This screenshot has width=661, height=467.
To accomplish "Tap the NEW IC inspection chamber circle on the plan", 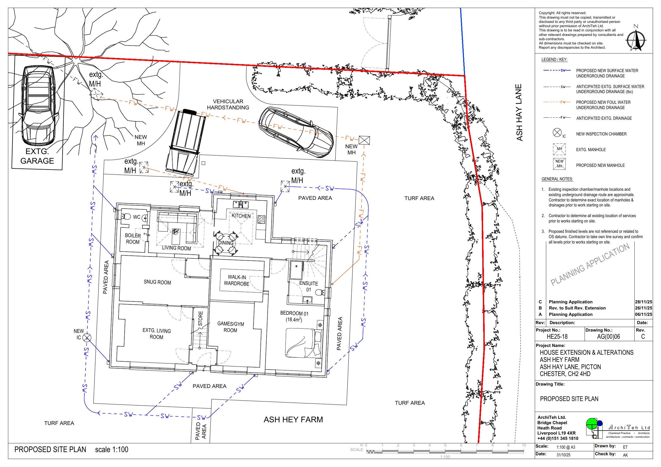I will [87, 337].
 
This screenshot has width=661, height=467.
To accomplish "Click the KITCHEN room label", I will [241, 216].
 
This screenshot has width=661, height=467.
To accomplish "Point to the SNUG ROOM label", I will [157, 282].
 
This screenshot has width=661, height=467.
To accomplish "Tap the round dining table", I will [226, 243].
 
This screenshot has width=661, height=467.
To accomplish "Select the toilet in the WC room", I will [126, 217].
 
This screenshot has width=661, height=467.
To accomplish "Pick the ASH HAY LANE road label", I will [519, 112].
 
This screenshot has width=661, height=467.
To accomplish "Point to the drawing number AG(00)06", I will [608, 337].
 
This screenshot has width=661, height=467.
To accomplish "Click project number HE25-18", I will [557, 337].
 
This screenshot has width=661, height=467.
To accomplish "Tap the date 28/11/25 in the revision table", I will [643, 302].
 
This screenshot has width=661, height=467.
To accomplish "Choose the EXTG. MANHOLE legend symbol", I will [559, 149].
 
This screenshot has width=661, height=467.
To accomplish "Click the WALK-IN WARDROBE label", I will [237, 280].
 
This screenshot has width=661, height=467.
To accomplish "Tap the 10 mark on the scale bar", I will [524, 445].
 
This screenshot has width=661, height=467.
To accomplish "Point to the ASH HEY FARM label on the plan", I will [293, 420].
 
